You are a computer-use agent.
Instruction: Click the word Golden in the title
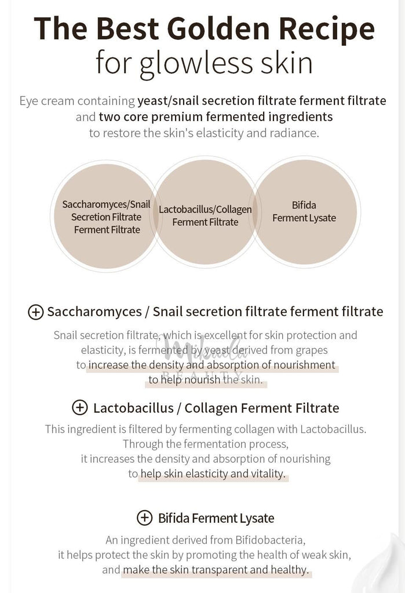(x=218, y=29)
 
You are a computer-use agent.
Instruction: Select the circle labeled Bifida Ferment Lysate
(x=304, y=212)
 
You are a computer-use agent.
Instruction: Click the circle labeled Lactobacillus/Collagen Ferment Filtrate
(x=205, y=212)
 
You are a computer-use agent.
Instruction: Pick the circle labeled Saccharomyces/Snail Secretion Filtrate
(x=107, y=216)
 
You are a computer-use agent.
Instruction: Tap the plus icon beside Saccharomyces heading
(x=35, y=312)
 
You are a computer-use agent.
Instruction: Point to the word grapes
(x=312, y=350)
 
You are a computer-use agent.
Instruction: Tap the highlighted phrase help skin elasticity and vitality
(x=213, y=474)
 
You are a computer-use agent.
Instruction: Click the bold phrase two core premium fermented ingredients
(x=216, y=117)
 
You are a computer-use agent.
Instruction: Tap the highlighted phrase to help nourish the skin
(x=206, y=380)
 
